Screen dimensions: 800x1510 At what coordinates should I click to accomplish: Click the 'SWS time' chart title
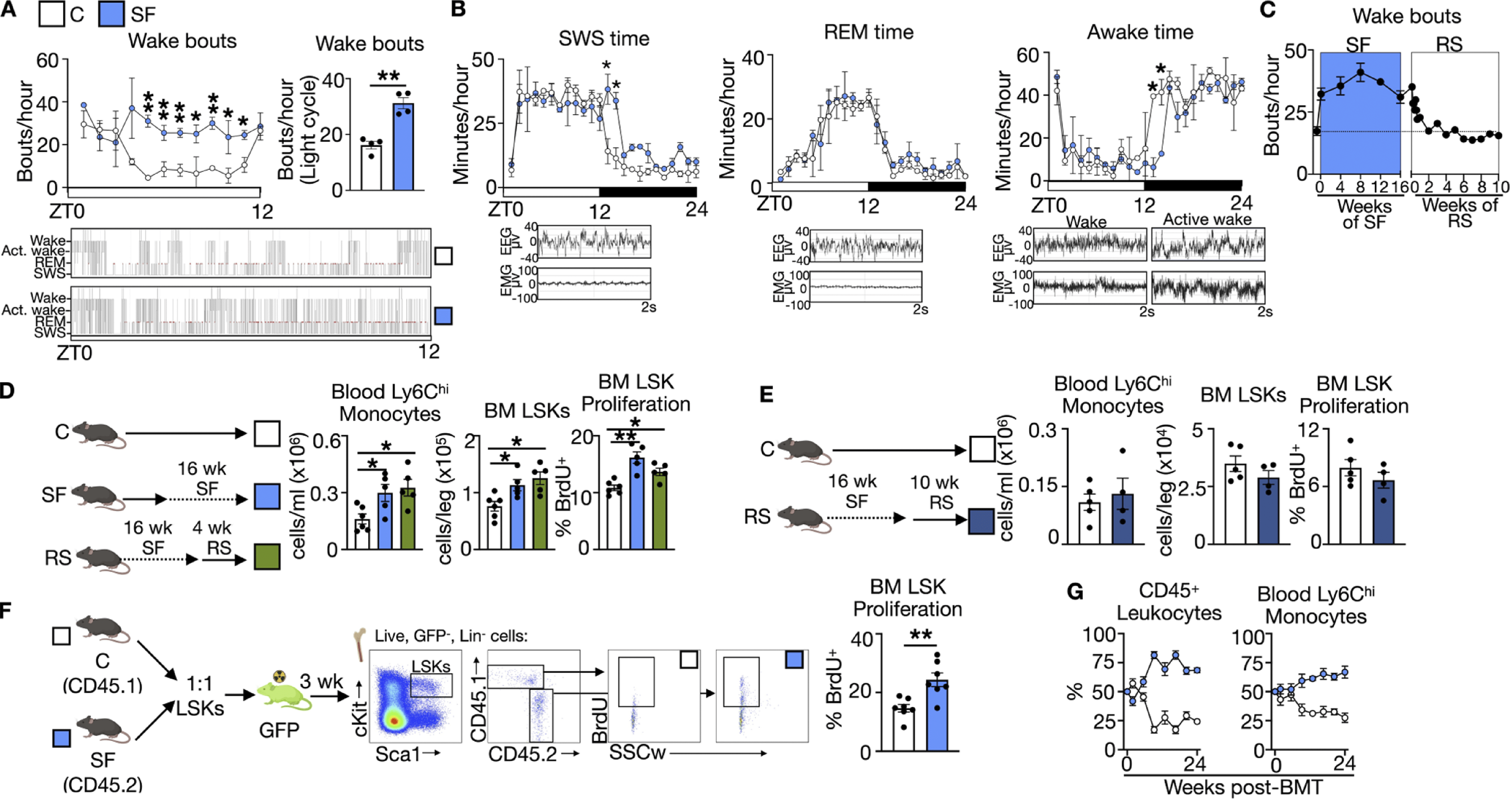[x=604, y=39]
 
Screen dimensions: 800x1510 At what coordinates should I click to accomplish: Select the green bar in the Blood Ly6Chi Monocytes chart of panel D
[x=407, y=519]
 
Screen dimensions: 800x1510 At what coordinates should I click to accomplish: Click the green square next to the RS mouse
[x=267, y=556]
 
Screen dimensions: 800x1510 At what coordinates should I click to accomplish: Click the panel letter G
[x=1075, y=592]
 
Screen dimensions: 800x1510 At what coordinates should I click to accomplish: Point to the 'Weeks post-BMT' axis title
[x=1243, y=787]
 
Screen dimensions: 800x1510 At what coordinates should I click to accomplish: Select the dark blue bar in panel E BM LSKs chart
[x=1268, y=511]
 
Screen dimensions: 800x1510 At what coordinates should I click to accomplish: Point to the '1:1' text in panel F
[x=199, y=684]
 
